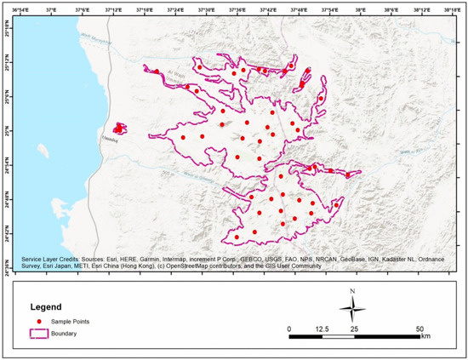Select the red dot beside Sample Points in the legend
point(37,322)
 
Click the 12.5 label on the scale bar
point(322,328)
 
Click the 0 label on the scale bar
point(289,328)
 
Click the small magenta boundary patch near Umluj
point(120,128)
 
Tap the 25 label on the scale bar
point(354,328)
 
